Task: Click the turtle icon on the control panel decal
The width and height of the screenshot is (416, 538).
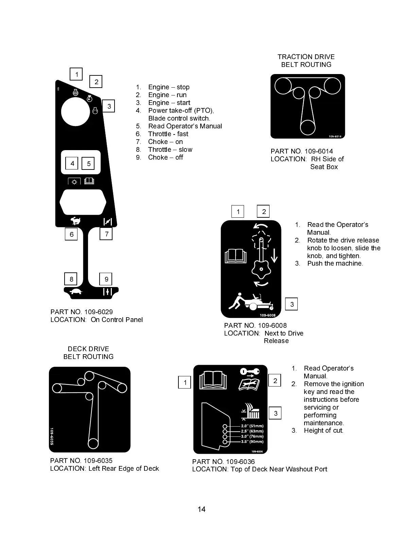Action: (x=76, y=291)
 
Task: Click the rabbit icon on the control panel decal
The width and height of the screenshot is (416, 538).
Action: (x=76, y=221)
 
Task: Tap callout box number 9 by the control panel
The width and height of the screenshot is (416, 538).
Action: (x=106, y=279)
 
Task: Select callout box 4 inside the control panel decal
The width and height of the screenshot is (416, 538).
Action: (x=72, y=163)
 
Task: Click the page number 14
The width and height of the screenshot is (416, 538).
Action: (x=202, y=509)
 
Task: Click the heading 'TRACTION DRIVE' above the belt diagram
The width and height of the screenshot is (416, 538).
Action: (x=306, y=57)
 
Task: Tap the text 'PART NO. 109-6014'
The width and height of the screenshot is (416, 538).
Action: (x=301, y=151)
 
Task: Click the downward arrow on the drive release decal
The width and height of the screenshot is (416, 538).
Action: (x=274, y=255)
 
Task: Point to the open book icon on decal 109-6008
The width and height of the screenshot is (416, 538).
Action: (x=236, y=256)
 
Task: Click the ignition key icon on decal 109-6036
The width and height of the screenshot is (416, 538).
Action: (x=249, y=371)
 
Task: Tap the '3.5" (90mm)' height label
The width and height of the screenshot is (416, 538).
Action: (x=252, y=442)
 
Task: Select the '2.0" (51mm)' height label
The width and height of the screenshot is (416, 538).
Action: (x=252, y=426)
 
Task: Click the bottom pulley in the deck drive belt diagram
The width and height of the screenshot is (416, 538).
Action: (x=93, y=443)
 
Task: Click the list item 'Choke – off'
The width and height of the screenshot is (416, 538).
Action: (x=165, y=158)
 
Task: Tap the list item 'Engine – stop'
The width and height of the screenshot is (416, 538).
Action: (x=169, y=87)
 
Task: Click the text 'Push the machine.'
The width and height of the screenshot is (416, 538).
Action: (x=335, y=264)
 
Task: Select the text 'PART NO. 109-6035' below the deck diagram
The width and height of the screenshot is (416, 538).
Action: (x=81, y=461)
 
